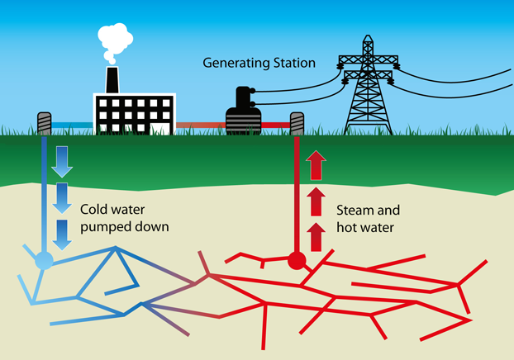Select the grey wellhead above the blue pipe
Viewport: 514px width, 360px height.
(45, 123)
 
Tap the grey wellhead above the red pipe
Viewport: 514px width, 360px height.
(297, 124)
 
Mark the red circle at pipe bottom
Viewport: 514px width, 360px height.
(297, 262)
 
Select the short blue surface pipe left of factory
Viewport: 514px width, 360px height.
(67, 126)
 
